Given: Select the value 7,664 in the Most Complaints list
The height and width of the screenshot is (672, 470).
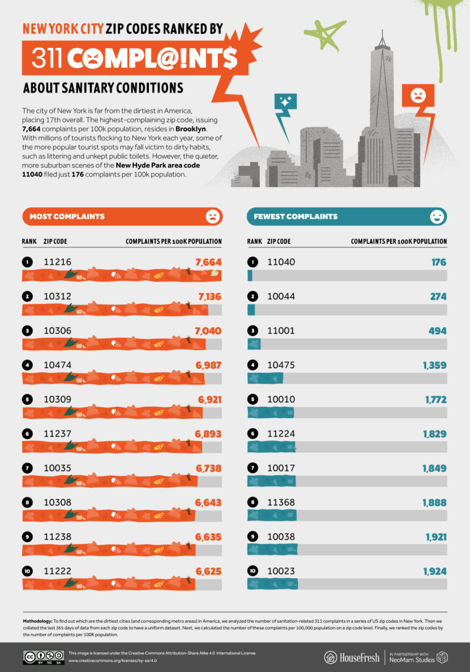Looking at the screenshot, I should [208, 262].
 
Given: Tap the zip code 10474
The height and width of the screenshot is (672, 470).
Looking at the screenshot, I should [57, 365].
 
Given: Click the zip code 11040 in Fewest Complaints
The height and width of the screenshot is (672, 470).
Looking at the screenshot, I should [281, 262].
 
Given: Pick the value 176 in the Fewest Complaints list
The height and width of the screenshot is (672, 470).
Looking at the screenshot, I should [438, 262].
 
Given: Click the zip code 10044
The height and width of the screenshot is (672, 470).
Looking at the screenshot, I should [281, 297].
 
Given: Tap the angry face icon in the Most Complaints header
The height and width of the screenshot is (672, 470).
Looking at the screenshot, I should [212, 216].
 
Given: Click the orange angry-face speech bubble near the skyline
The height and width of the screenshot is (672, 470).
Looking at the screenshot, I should [418, 96].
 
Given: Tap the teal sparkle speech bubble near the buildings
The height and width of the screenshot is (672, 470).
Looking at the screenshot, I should [286, 102].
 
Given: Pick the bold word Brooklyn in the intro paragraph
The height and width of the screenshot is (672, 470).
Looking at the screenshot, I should [186, 129].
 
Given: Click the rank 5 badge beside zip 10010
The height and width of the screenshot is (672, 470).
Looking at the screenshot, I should [252, 399].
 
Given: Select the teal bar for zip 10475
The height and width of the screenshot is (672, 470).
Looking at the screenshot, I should [265, 378].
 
